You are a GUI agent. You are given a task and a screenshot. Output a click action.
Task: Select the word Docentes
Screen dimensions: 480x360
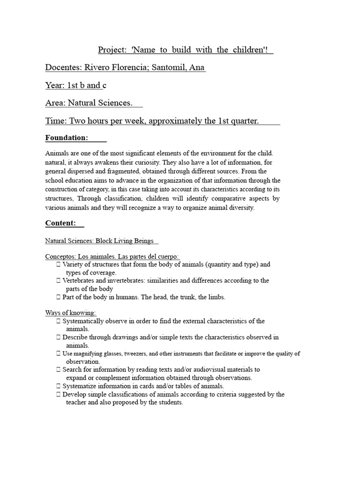click(63, 68)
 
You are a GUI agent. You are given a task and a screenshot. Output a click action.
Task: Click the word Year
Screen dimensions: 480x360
click(55, 85)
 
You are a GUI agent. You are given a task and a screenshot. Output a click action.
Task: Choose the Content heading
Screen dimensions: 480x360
click(60, 223)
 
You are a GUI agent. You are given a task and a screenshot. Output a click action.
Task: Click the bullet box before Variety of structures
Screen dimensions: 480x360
click(58, 264)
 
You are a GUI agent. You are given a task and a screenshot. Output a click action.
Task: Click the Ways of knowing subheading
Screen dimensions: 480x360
click(71, 313)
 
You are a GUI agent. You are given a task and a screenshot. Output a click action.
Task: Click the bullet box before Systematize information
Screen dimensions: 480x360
click(58, 386)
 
